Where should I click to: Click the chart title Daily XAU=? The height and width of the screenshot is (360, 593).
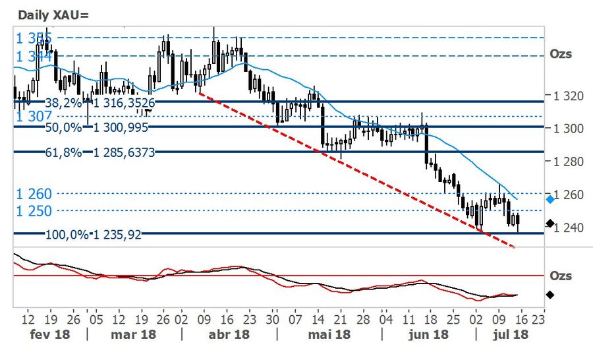pyautogui.click(x=47, y=14)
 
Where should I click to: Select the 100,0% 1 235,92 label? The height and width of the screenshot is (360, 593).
pyautogui.click(x=94, y=234)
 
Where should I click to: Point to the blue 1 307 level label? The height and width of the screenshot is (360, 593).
pyautogui.click(x=30, y=115)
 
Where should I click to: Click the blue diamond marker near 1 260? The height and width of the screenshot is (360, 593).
pyautogui.click(x=550, y=198)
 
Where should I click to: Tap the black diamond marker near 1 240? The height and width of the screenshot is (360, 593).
pyautogui.click(x=550, y=224)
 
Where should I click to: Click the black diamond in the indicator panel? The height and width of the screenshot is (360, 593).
pyautogui.click(x=550, y=295)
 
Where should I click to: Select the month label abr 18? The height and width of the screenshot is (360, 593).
pyautogui.click(x=229, y=334)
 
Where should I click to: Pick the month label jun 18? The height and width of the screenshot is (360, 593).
pyautogui.click(x=429, y=334)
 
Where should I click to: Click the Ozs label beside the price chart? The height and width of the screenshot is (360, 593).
pyautogui.click(x=561, y=54)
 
